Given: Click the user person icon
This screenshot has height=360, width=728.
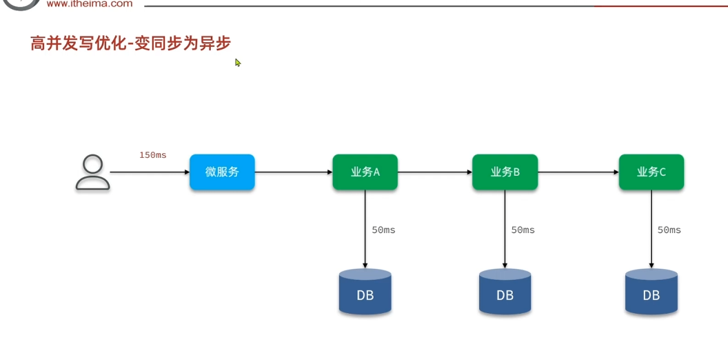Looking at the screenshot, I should [92, 172].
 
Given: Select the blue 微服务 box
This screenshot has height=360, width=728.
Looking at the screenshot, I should [222, 172].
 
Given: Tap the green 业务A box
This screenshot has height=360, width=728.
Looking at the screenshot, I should [365, 172].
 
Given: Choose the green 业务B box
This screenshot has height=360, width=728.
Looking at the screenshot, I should [505, 172].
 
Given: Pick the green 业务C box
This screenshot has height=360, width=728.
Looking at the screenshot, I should [651, 172].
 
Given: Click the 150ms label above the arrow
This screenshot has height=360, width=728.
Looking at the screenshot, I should [152, 155].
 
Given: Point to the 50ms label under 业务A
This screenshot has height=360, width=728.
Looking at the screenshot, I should [383, 230].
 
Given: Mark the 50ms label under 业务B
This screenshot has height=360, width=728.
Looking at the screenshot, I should [523, 230].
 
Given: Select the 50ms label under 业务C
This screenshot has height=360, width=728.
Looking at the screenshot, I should [669, 230].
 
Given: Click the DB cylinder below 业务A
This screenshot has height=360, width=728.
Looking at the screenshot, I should [365, 292].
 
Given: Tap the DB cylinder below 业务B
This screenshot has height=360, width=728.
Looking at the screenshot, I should [505, 292].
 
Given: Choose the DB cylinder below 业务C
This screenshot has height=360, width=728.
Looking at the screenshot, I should [651, 292].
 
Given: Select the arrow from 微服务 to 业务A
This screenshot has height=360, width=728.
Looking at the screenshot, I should [294, 172].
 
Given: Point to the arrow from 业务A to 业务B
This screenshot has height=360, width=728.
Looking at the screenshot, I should [435, 172].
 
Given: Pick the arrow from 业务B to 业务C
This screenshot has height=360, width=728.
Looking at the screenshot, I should [578, 172].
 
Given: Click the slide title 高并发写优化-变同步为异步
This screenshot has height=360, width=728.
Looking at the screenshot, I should [130, 43].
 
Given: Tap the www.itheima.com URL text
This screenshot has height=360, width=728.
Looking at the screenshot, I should [90, 3].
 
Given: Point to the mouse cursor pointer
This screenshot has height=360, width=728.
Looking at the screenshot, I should [238, 63].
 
